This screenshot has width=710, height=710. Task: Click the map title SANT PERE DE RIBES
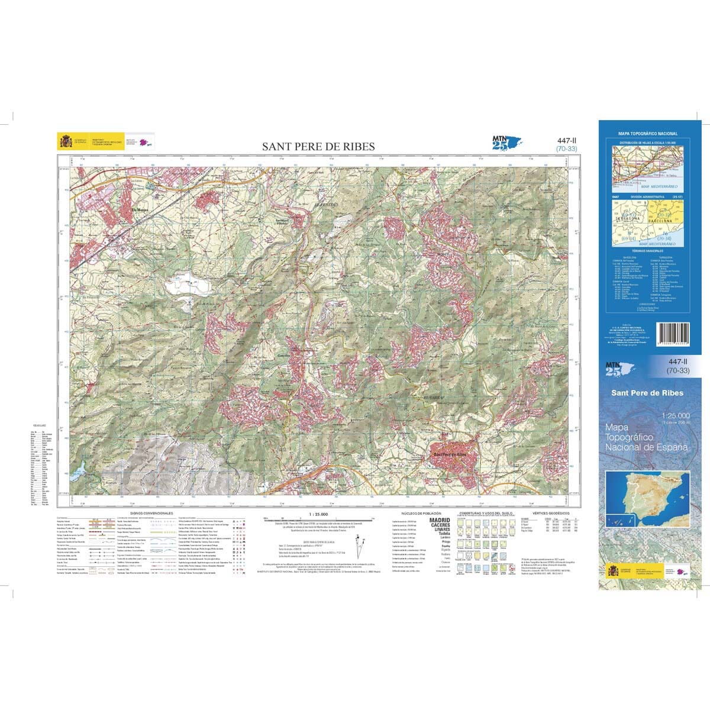coord(318,146)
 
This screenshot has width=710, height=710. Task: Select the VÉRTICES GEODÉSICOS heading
coord(550,513)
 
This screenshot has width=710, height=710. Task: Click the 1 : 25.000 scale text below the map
coord(318,514)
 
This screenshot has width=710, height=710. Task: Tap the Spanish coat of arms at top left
coord(65,141)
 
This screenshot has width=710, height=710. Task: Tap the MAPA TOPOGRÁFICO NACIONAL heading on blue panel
coord(648,134)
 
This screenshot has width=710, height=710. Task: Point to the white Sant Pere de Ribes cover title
coord(647,393)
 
